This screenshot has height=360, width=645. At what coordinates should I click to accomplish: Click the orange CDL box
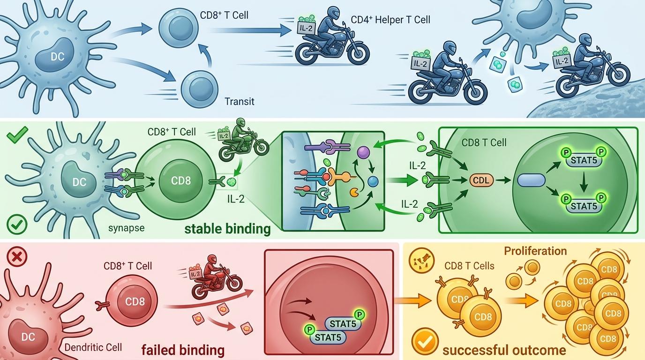(x=481, y=180)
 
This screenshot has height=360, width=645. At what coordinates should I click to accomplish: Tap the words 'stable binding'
(x=227, y=229)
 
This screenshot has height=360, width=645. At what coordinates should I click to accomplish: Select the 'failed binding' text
(x=183, y=350)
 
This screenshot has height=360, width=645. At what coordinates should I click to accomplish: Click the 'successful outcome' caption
(x=504, y=350)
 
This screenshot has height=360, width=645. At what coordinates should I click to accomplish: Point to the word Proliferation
(x=535, y=251)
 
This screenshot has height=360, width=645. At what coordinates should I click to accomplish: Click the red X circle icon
(x=18, y=256)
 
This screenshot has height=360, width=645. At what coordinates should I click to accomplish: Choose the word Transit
(x=240, y=101)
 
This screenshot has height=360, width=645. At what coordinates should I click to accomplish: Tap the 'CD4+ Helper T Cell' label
(x=390, y=20)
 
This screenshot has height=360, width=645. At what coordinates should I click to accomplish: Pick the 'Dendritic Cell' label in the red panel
(x=93, y=347)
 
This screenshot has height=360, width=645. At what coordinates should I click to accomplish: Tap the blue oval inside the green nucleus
(x=531, y=180)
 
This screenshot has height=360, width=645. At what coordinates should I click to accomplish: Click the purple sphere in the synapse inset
(x=363, y=152)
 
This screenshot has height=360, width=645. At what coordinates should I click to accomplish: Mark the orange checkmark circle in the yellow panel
(x=425, y=341)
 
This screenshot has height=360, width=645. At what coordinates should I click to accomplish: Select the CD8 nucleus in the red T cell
(x=135, y=301)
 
